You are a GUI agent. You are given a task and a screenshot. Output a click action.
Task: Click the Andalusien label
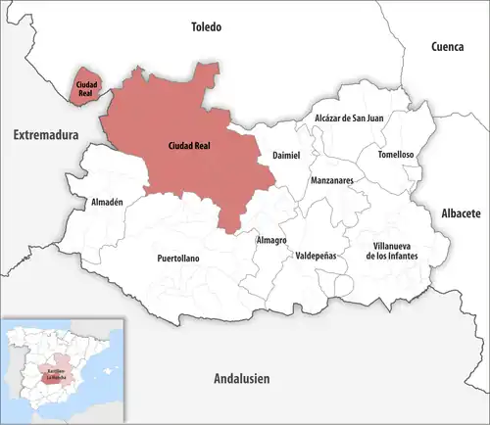pos(241,379)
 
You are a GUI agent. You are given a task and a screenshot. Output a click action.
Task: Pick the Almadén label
pos(107,202)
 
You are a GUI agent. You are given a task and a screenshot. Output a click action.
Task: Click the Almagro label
pos(270,240)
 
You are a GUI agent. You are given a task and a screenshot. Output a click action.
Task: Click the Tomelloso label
pos(390,155)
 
